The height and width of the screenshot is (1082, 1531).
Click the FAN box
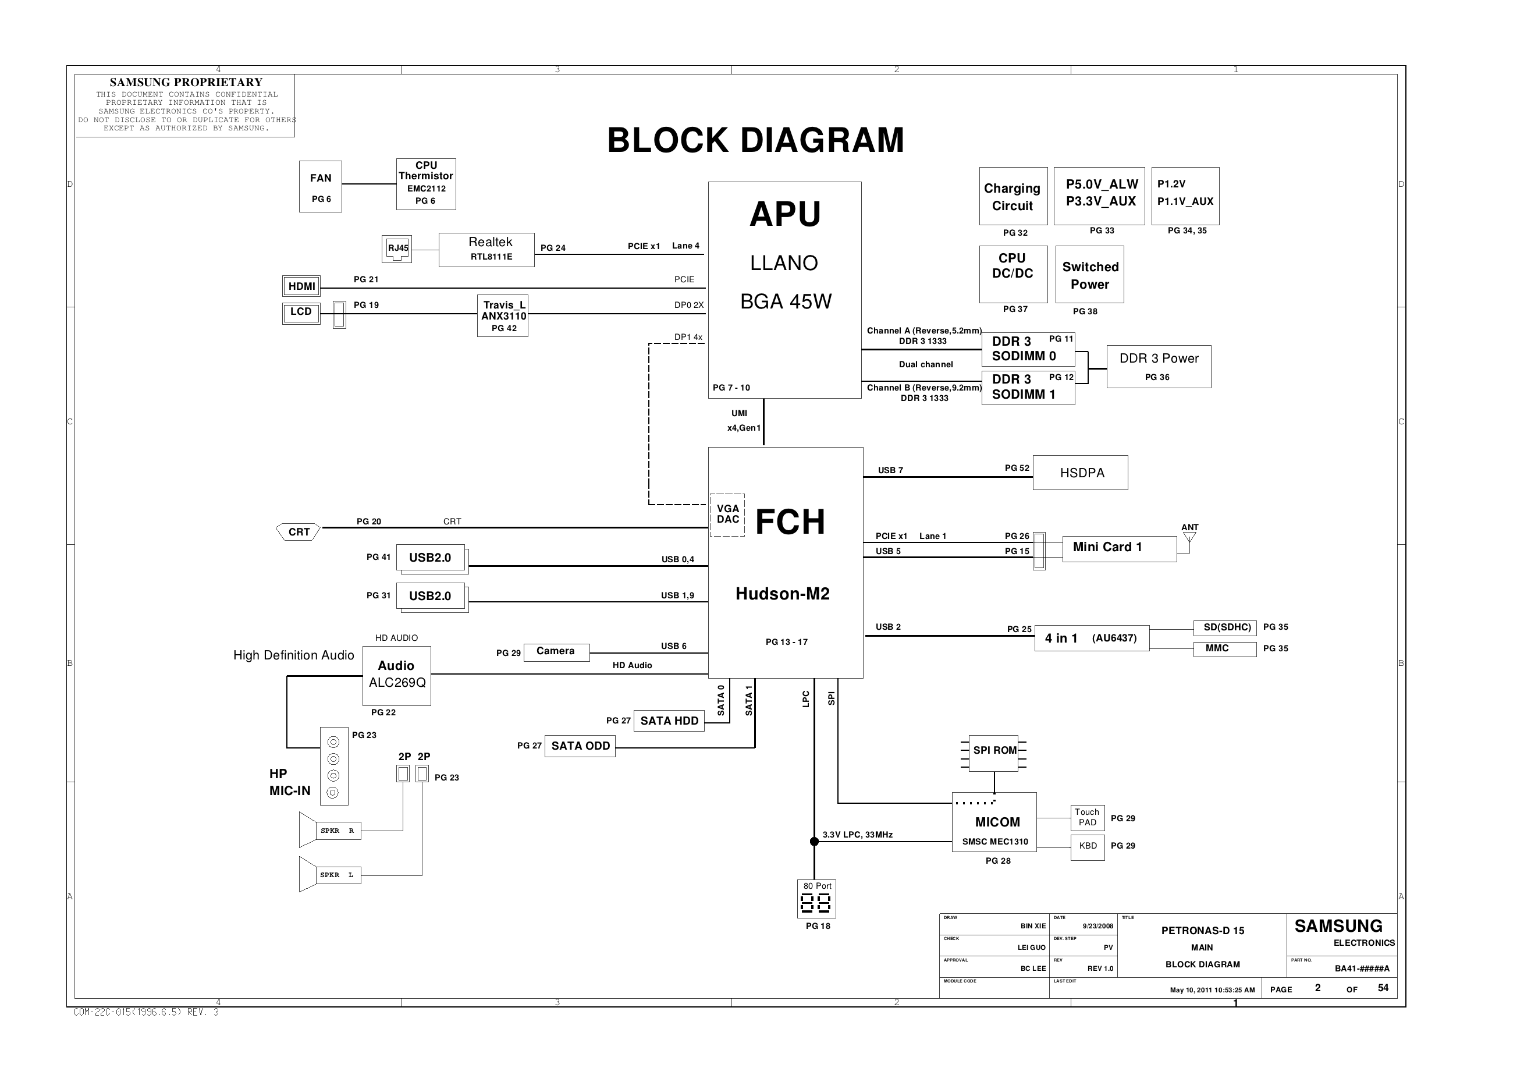pos(320,186)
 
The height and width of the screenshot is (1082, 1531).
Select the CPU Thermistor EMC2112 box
pos(425,183)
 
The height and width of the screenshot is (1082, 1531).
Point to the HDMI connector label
pos(301,286)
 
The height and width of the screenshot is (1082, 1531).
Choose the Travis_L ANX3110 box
pos(503,315)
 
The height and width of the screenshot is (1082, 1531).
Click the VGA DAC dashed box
pos(727,515)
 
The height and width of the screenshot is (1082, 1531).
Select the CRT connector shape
pos(298,531)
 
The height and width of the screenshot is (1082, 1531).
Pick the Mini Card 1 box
pos(1119,548)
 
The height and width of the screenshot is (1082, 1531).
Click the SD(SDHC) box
pos(1224,627)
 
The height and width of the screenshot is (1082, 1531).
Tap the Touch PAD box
pos(1087,817)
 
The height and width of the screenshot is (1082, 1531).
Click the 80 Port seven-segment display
pos(816,903)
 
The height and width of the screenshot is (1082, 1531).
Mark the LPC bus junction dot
pos(814,841)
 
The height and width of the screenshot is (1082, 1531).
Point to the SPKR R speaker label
pos(338,831)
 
